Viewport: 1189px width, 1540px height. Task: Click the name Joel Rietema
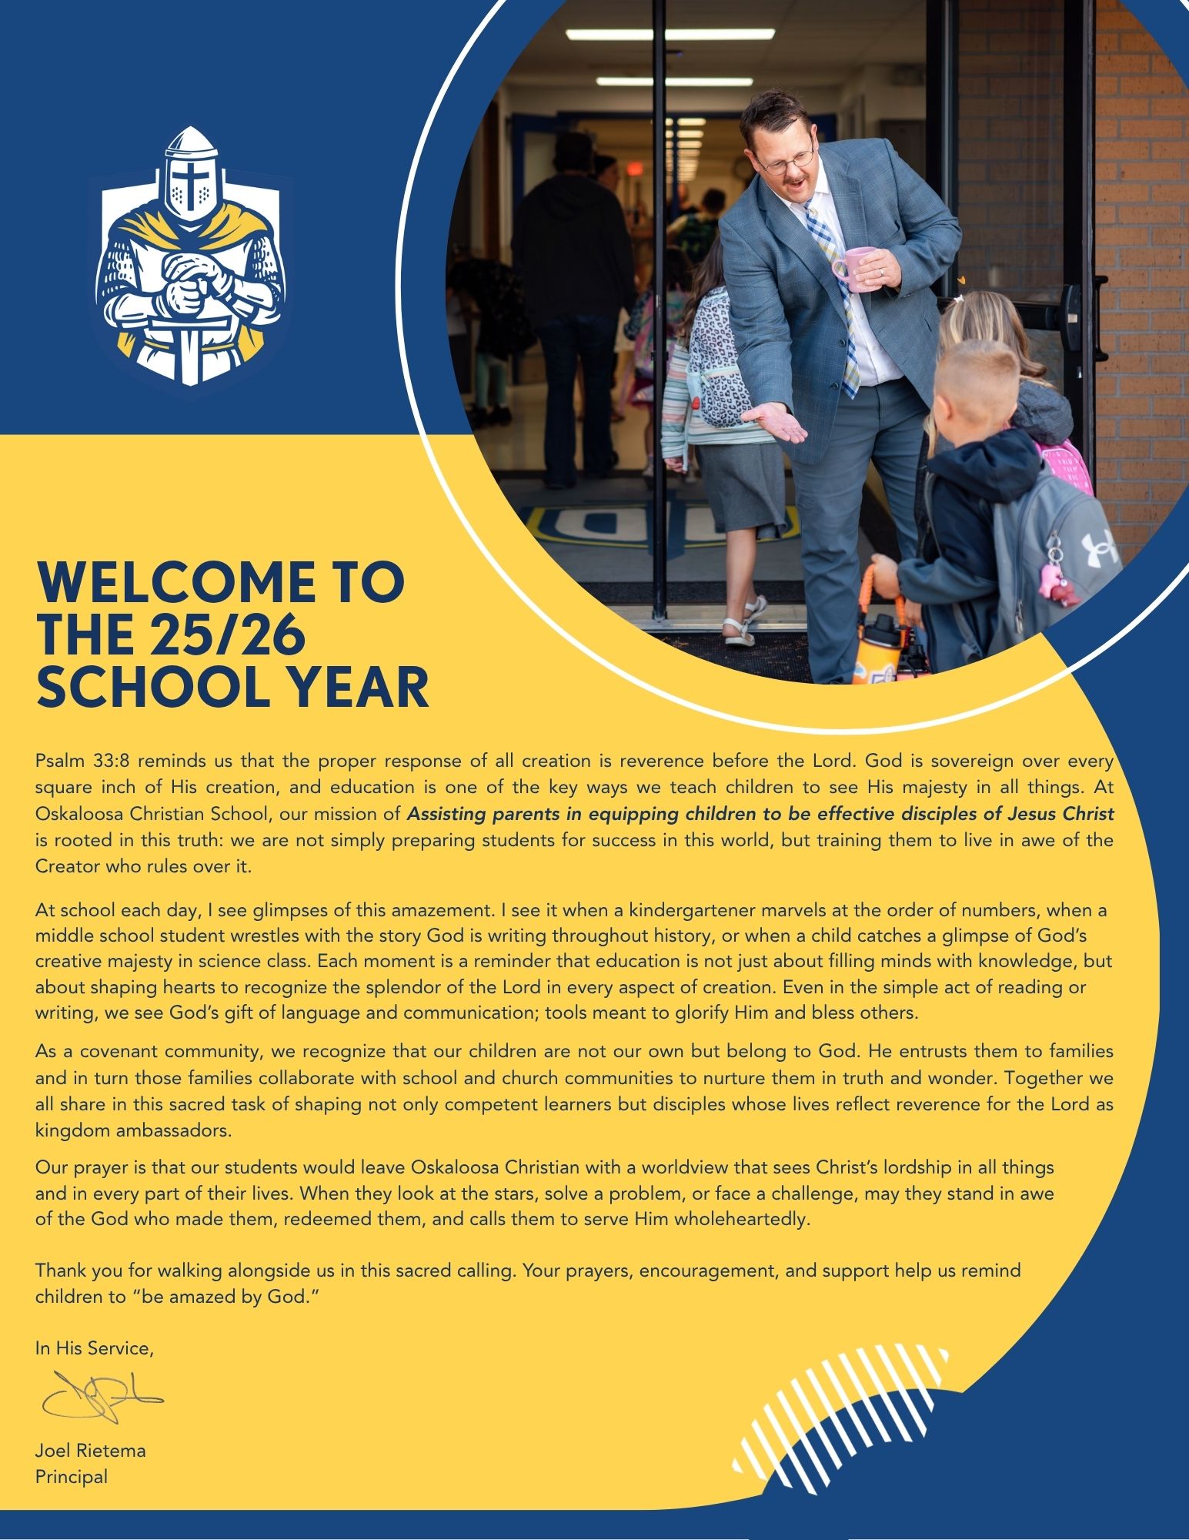90,1451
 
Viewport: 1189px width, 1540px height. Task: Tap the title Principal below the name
72,1476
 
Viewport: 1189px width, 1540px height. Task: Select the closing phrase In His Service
95,1347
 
